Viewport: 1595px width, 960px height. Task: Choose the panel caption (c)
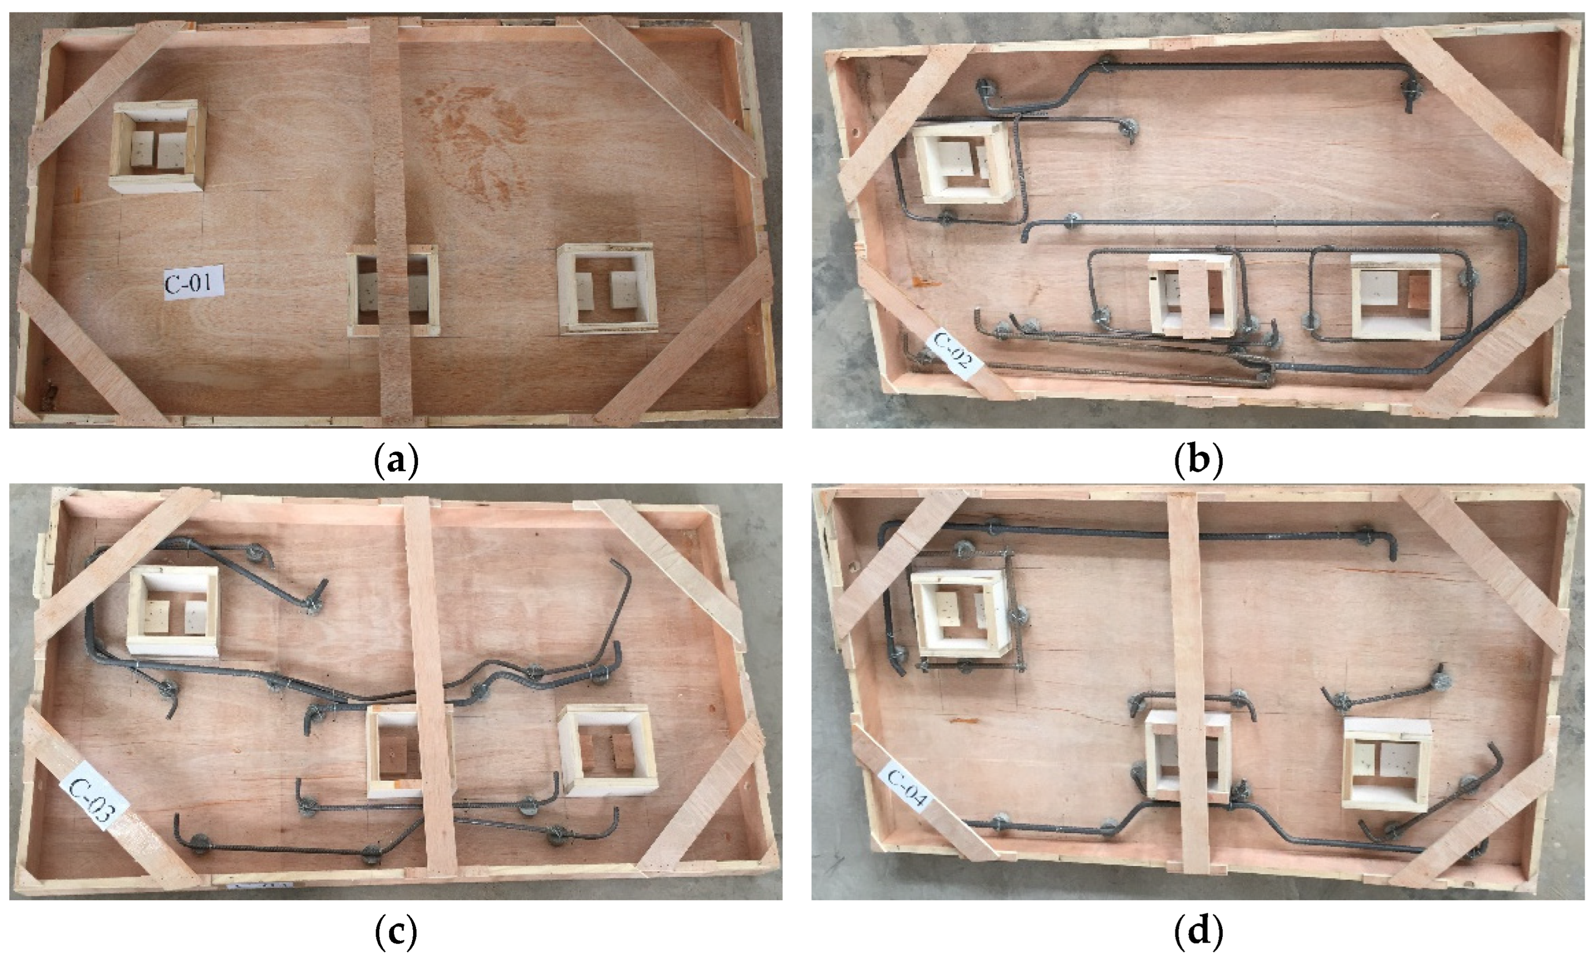pos(396,932)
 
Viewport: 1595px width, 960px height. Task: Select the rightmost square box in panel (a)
pos(608,288)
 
